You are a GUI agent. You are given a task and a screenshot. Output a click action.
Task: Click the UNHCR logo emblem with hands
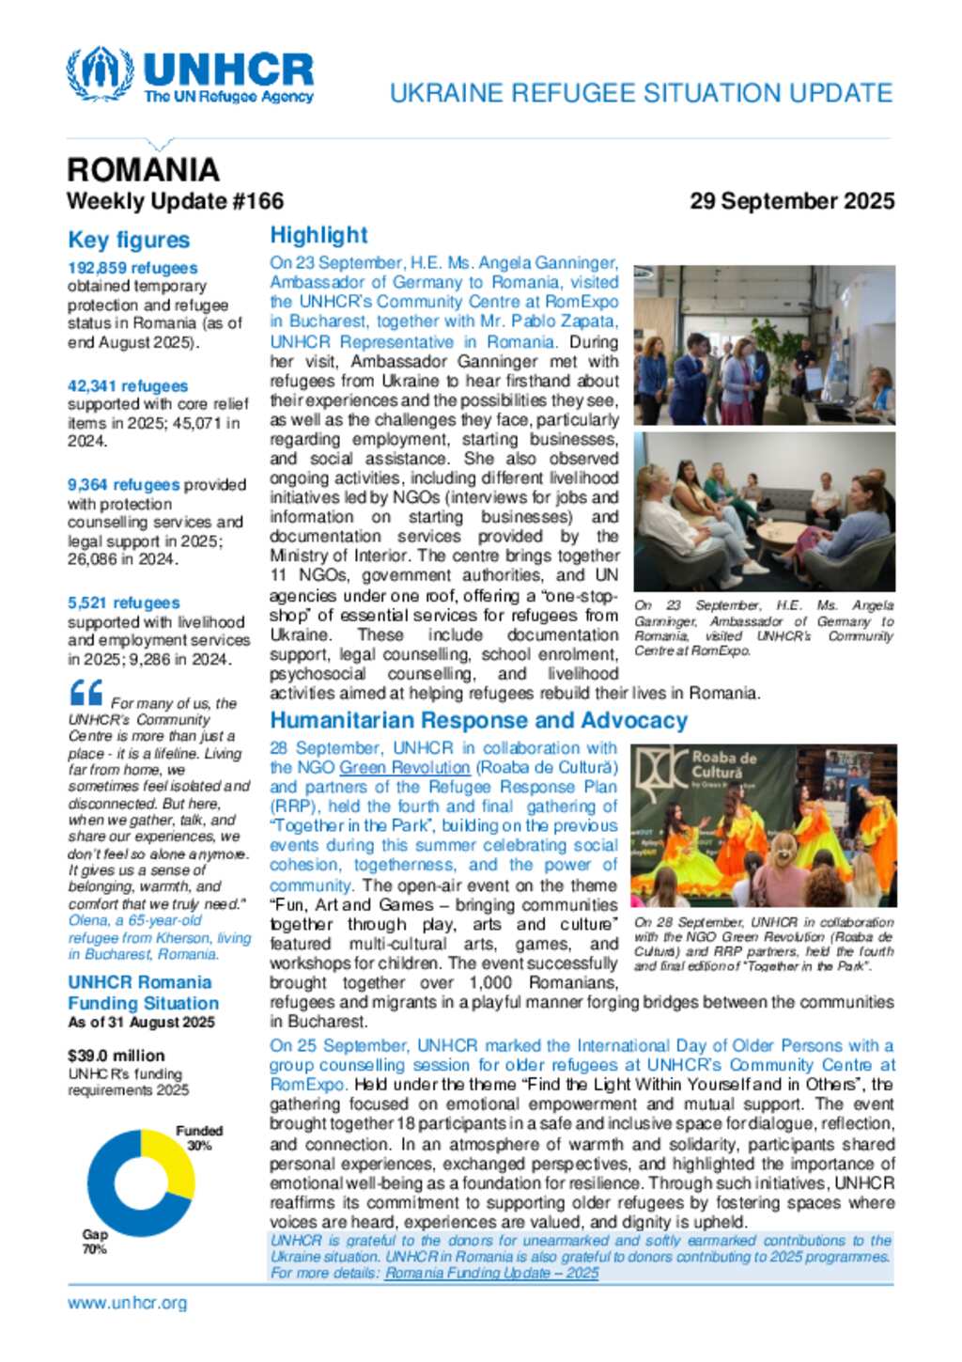coord(100,72)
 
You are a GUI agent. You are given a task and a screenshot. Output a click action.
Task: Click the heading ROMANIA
coord(143,170)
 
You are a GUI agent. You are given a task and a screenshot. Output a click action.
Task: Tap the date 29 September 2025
coord(791,201)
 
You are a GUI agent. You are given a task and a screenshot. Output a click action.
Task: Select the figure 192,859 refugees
coord(132,268)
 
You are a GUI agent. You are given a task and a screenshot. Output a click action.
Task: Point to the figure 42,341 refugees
coord(128,386)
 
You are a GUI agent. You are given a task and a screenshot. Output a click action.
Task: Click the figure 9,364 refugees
coord(123,485)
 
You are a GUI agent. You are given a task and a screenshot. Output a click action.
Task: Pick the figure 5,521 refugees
coord(123,603)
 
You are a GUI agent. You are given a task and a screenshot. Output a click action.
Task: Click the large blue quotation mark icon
coord(86,694)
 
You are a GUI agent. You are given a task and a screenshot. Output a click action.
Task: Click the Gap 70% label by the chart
coord(95,1241)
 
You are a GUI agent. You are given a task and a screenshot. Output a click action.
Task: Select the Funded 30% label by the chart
coord(199,1137)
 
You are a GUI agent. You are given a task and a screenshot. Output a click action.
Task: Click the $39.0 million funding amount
coord(116,1056)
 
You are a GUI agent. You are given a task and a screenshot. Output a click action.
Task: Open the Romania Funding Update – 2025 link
coord(491,1273)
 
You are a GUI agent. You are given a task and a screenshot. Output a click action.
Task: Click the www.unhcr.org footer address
coord(127,1303)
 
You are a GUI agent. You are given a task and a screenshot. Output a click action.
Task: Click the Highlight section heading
coord(318,235)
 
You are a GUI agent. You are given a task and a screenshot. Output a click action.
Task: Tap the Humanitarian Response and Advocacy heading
coord(478,720)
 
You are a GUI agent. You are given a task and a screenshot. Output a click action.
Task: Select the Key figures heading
coord(129,241)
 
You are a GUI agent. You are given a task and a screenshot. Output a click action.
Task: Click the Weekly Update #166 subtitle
coord(175,201)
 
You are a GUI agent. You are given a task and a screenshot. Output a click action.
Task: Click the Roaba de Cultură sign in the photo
coord(723,764)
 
